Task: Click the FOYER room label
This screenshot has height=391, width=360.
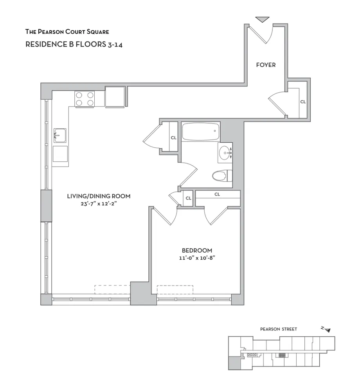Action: coord(266,65)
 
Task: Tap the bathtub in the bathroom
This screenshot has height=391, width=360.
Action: coord(201,132)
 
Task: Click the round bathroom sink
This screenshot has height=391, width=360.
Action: coord(224,152)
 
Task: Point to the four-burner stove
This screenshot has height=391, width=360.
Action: coord(85,99)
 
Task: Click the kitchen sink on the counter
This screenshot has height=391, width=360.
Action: coord(59,136)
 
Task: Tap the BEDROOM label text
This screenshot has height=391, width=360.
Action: coord(197,250)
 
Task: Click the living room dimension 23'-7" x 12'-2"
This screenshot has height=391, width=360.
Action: coord(98,203)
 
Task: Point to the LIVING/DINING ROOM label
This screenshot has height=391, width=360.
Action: coord(98,196)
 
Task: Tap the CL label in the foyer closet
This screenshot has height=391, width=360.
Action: coord(302,102)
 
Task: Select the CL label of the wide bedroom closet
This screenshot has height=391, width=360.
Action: coord(217,194)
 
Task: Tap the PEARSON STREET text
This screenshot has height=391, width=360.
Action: coord(278,329)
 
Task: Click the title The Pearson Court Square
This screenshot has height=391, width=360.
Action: coord(67,31)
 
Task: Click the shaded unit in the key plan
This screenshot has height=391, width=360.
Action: coord(233,363)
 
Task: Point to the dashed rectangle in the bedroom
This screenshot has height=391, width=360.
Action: coord(175,289)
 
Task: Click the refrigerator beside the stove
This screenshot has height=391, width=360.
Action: coord(115,97)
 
